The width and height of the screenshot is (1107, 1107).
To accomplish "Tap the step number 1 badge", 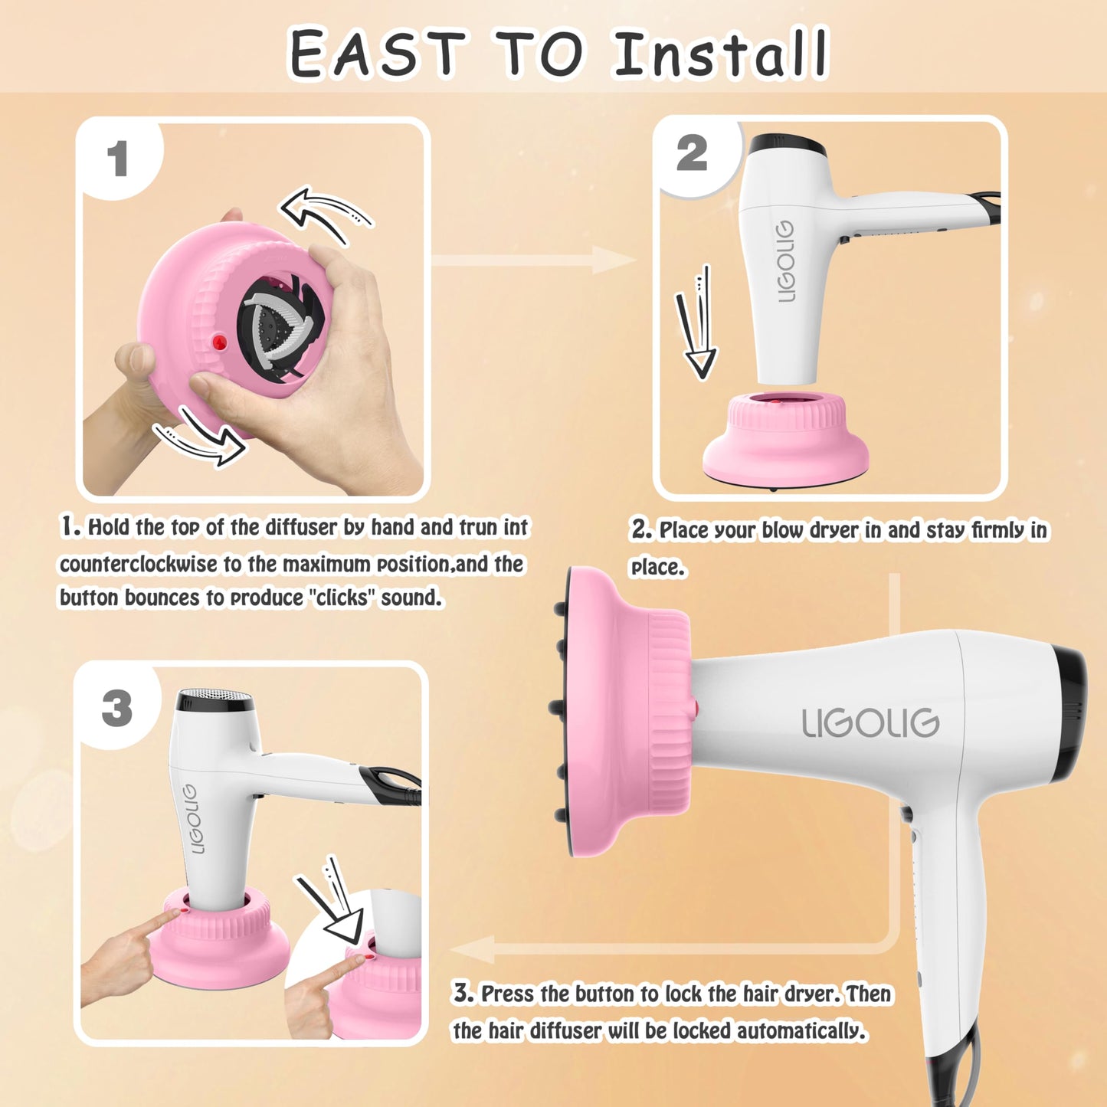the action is coord(117,159).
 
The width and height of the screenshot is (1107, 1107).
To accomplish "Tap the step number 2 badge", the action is coord(692,152).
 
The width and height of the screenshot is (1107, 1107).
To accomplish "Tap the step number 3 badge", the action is coord(117,707).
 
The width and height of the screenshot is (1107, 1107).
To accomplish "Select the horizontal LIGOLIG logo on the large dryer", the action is coord(870,722).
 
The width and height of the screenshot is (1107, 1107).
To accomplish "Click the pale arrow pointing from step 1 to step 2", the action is coord(534,260).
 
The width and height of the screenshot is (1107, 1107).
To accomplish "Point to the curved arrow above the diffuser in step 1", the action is coord(326,214).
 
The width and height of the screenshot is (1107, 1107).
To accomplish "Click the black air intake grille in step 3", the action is coord(215,700).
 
